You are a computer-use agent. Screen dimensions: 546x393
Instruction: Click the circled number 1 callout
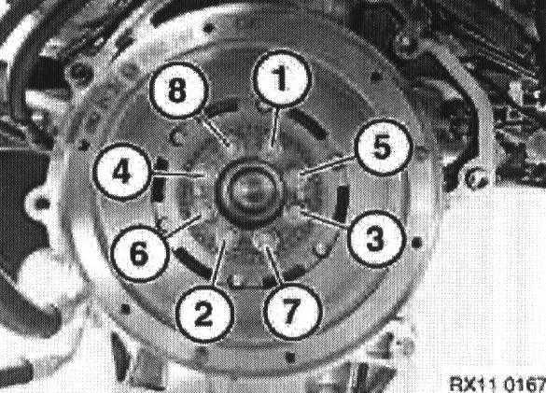tap(280, 79)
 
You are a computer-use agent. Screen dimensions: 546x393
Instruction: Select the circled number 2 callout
tap(204, 314)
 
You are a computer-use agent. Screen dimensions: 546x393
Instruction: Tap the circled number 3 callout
tap(376, 238)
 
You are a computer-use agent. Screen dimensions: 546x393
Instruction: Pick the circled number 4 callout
tap(122, 172)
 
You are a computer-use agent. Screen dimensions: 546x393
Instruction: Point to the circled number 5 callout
tap(383, 147)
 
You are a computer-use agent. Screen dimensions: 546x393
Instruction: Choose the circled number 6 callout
tap(139, 254)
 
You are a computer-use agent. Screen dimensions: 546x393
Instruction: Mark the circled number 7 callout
tap(292, 312)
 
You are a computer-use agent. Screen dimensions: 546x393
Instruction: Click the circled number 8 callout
tap(178, 91)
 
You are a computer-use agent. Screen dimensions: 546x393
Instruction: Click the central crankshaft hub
tap(249, 192)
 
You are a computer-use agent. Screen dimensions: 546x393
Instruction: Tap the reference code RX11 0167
tap(497, 384)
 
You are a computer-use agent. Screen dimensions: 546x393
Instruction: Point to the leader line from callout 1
tap(275, 125)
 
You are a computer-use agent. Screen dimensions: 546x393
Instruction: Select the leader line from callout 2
tap(218, 264)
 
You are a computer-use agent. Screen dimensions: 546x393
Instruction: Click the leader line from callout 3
tap(327, 218)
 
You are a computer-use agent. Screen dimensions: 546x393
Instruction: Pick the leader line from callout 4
tap(177, 175)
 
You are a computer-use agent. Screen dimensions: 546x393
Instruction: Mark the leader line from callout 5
tap(328, 165)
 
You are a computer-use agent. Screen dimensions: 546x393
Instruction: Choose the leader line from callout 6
tap(182, 227)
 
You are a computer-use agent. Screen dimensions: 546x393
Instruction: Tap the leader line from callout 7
tap(274, 266)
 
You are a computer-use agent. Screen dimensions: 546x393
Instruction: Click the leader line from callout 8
tap(212, 132)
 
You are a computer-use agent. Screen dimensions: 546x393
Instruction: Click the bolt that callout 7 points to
tap(265, 241)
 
